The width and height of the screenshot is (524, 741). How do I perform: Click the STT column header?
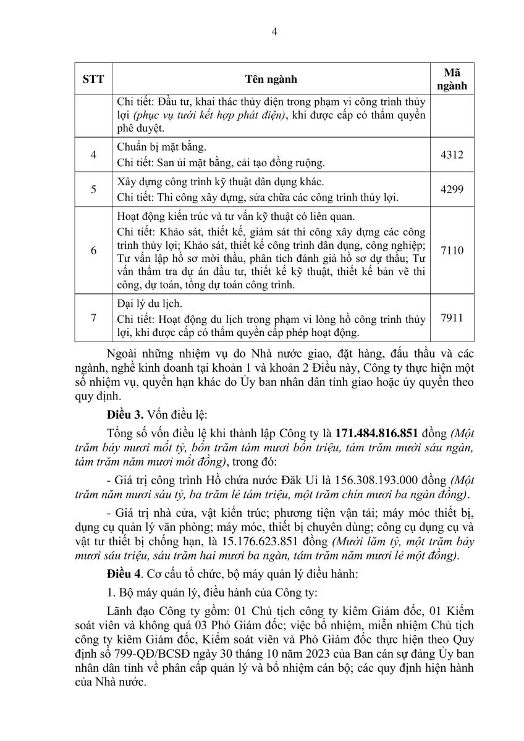coord(93,79)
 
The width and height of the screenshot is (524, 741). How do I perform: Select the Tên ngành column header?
coord(271,79)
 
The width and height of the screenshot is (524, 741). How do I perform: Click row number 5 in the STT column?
coord(93,190)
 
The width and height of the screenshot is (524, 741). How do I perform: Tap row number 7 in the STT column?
coord(93,318)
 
